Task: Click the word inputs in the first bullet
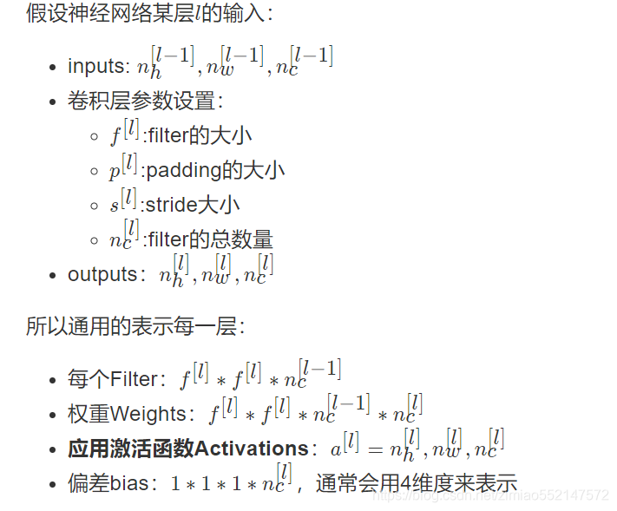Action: (x=97, y=67)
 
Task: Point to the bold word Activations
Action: (x=252, y=449)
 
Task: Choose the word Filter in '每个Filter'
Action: (x=135, y=379)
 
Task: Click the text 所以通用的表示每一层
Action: (x=135, y=327)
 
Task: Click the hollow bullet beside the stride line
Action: (x=94, y=206)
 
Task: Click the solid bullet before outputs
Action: (x=54, y=275)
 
